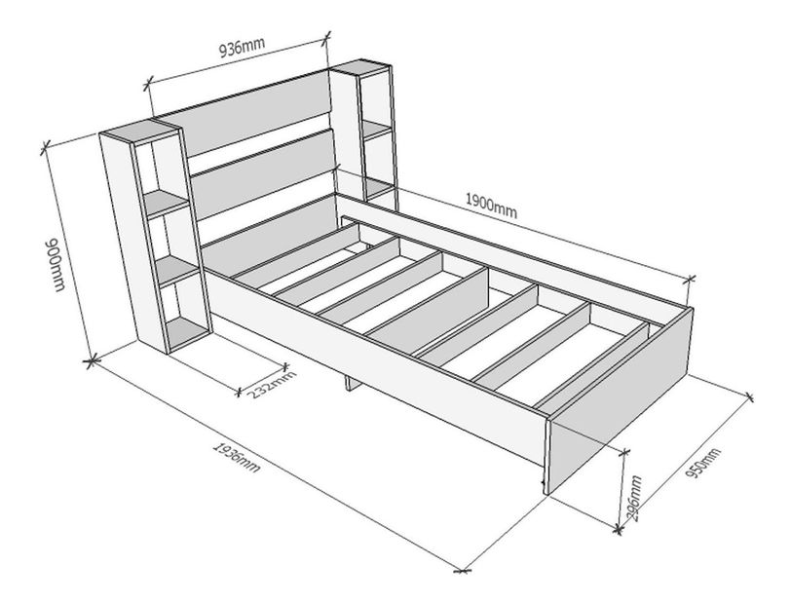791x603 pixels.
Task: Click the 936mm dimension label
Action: pyautogui.click(x=242, y=48)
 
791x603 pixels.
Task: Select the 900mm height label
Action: pyautogui.click(x=56, y=264)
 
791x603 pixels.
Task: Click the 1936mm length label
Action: pyautogui.click(x=237, y=458)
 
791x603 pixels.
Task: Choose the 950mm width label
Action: pyautogui.click(x=703, y=464)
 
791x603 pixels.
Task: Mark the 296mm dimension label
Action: pyautogui.click(x=633, y=498)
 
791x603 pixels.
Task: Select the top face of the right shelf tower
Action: pyautogui.click(x=359, y=67)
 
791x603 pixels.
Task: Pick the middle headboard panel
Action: pyautogui.click(x=263, y=174)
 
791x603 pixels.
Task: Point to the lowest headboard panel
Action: pyautogui.click(x=270, y=235)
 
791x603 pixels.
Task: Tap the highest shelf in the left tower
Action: pyautogui.click(x=166, y=203)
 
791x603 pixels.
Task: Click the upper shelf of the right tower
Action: pyautogui.click(x=377, y=131)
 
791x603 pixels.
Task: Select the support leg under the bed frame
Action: pyautogui.click(x=352, y=383)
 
